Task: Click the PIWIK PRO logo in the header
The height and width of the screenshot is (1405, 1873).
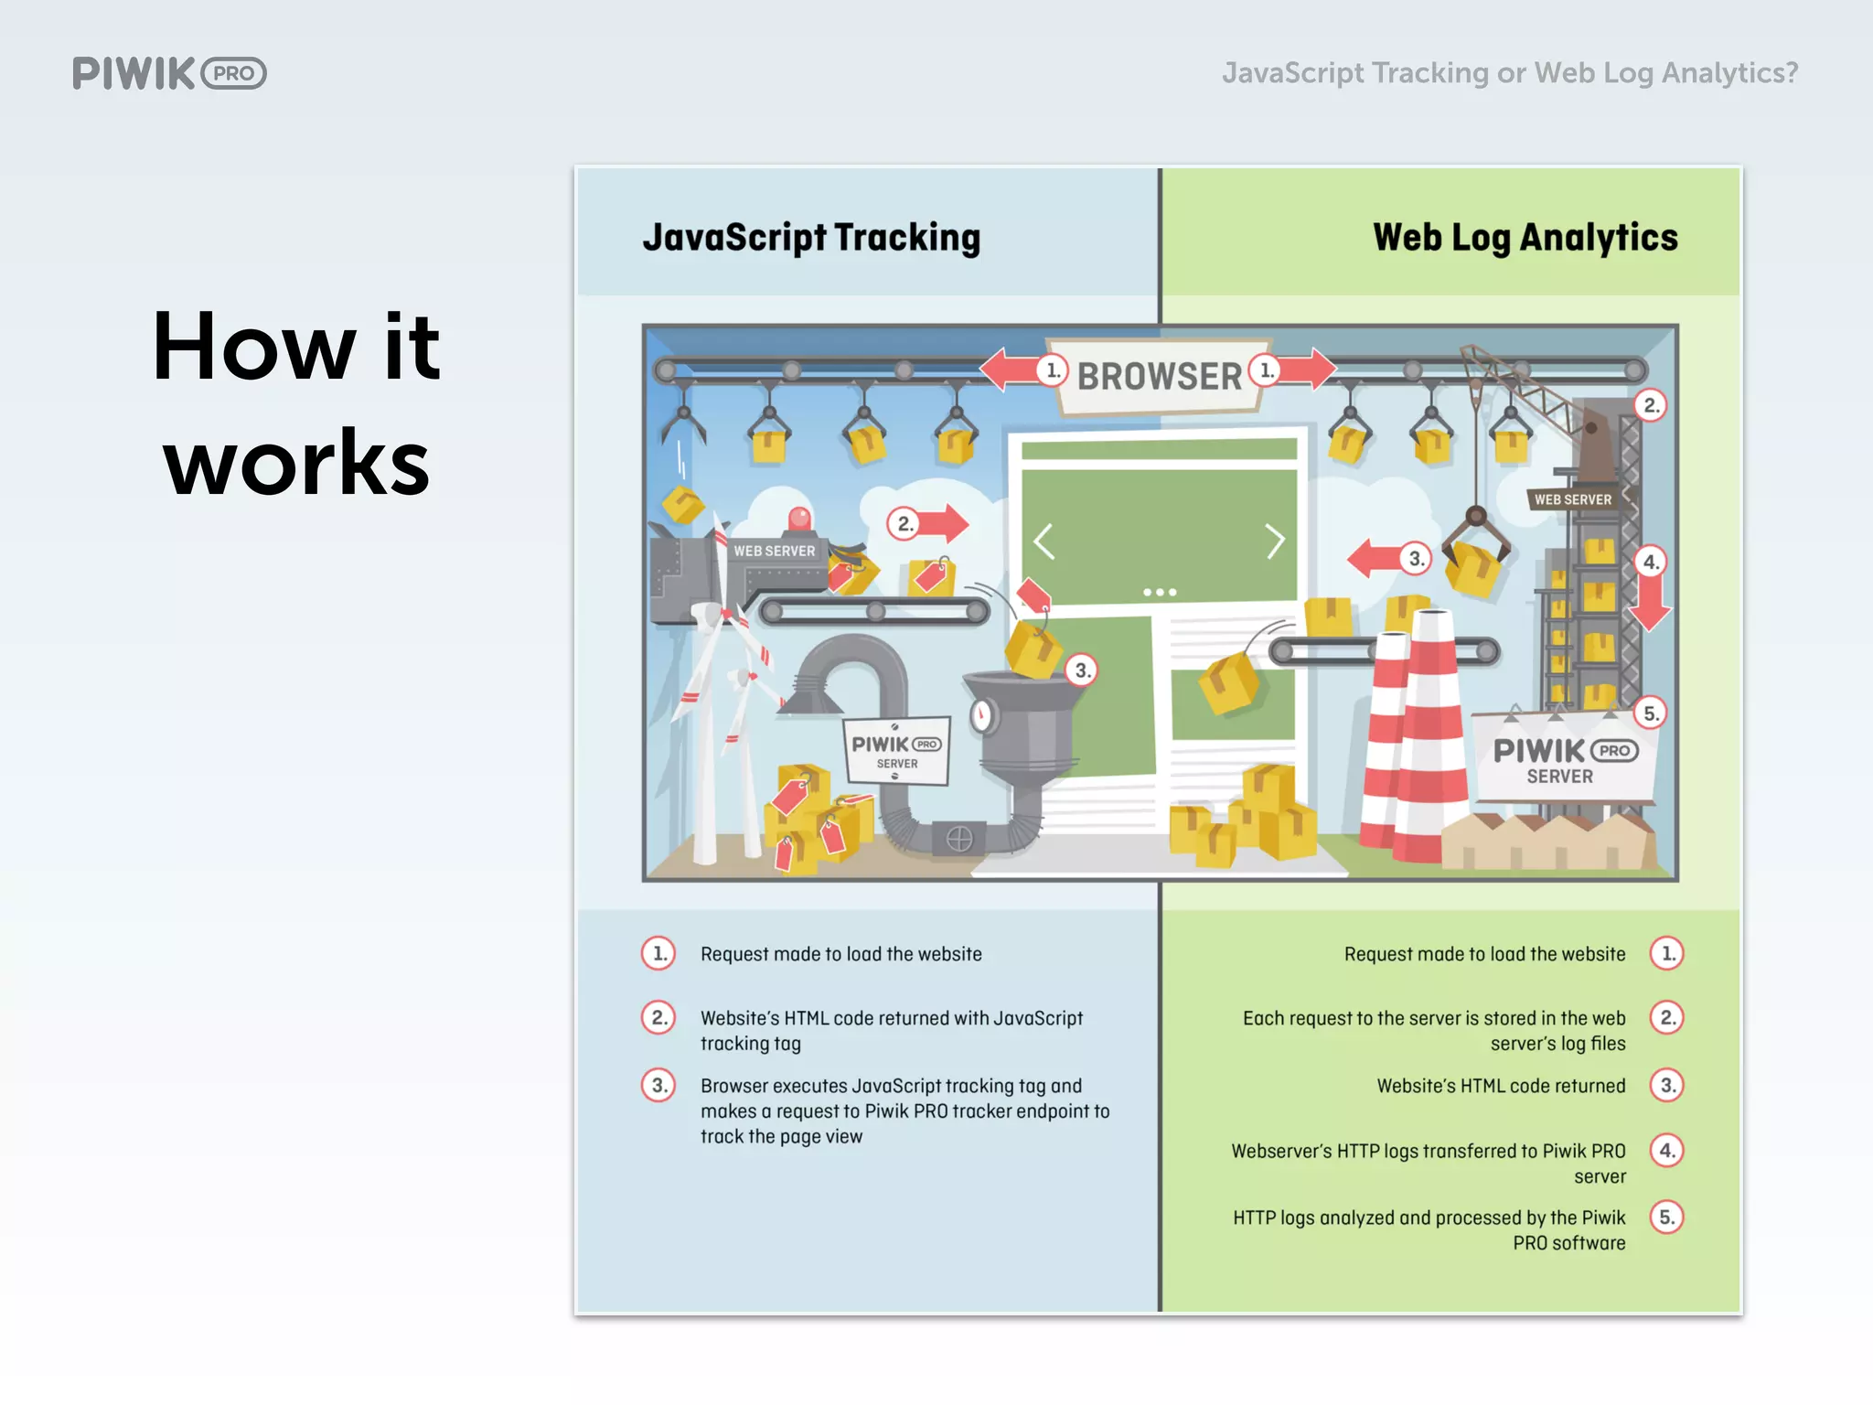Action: pyautogui.click(x=169, y=73)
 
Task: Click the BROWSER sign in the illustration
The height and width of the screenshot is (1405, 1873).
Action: pyautogui.click(x=1159, y=376)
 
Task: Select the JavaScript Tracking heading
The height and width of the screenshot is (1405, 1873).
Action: pyautogui.click(x=811, y=238)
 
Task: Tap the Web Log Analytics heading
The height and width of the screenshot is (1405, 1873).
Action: pyautogui.click(x=1525, y=238)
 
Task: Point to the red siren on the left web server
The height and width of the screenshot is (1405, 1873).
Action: pyautogui.click(x=799, y=519)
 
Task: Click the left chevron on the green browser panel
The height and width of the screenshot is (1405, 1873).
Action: pyautogui.click(x=1044, y=542)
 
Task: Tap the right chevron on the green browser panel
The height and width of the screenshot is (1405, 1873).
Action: pyautogui.click(x=1275, y=542)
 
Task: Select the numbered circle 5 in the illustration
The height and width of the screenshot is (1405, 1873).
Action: pyautogui.click(x=1651, y=713)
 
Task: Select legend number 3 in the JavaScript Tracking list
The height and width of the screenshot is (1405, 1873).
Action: pyautogui.click(x=658, y=1086)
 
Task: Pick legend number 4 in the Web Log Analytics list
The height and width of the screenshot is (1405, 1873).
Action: pyautogui.click(x=1667, y=1151)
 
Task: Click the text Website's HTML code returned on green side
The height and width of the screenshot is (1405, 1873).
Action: pyautogui.click(x=1501, y=1086)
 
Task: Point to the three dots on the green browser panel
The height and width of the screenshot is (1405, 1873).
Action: pyautogui.click(x=1160, y=593)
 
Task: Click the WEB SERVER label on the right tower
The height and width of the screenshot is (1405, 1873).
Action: pyautogui.click(x=1573, y=499)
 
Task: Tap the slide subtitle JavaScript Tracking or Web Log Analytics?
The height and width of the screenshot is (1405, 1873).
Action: pyautogui.click(x=1510, y=72)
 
